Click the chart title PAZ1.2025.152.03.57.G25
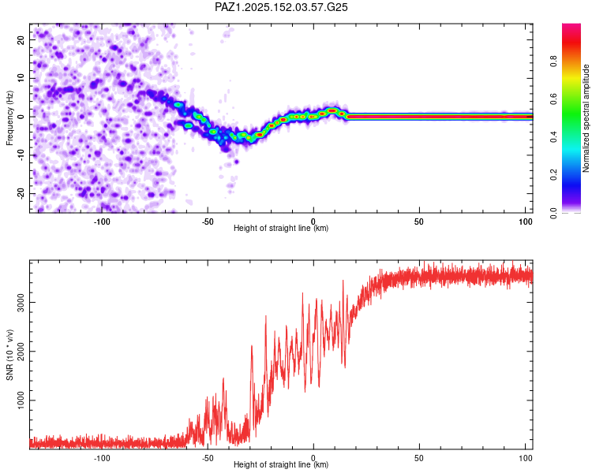coord(281,7)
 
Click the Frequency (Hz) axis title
coord(9,118)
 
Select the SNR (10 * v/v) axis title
coord(9,355)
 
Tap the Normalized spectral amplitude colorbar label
coord(586,118)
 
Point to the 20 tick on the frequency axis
coord(21,40)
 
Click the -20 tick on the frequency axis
coord(21,193)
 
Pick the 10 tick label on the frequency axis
coord(21,79)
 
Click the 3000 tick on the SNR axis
coord(21,303)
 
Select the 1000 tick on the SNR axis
coord(21,400)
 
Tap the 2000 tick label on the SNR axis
coord(21,351)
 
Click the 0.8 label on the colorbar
coord(553,61)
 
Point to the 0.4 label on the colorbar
coord(553,137)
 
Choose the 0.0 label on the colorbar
coord(553,213)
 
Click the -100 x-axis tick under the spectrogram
coord(101,222)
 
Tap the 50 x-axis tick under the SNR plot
coord(418,458)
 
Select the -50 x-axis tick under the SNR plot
coord(208,458)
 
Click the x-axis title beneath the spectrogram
coord(281,228)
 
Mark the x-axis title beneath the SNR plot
coord(281,464)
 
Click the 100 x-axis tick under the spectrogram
coord(525,222)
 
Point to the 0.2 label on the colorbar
coord(553,175)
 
